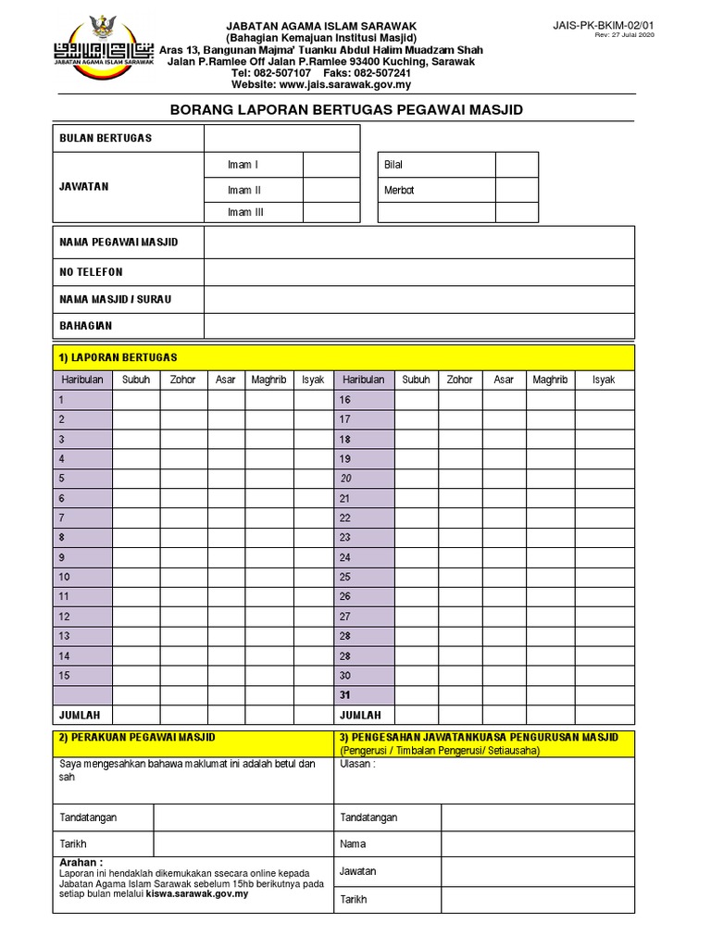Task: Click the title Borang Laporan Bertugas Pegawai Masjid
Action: click(347, 109)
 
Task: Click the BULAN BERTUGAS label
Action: click(106, 138)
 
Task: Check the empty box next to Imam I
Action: click(331, 165)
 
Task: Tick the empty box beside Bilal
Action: click(516, 165)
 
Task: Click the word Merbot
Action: click(399, 190)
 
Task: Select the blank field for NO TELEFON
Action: click(418, 272)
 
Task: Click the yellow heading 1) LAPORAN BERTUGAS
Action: click(118, 357)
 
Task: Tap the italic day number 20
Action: click(345, 479)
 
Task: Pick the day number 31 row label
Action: click(345, 695)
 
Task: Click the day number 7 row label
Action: click(62, 518)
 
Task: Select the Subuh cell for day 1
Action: click(136, 400)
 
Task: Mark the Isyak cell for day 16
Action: click(603, 400)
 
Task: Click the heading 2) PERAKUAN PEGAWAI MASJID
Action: click(137, 737)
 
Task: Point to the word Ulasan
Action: click(357, 765)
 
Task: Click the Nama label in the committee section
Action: click(354, 844)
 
